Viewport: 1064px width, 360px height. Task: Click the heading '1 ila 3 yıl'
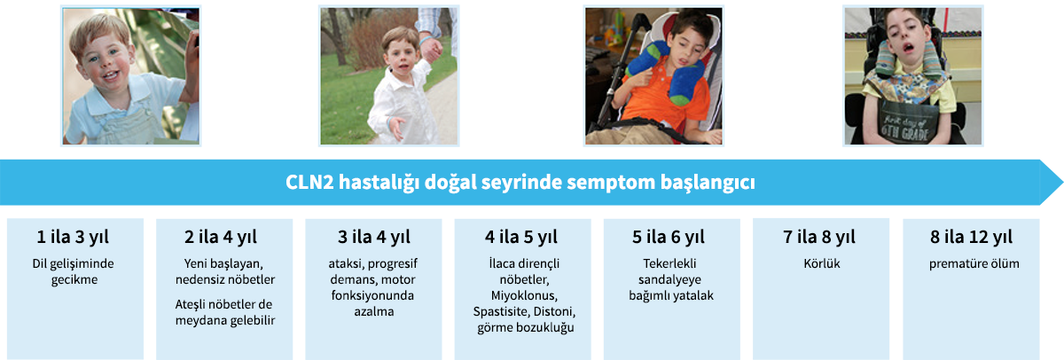click(73, 237)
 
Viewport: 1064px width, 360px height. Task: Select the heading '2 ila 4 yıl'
click(221, 237)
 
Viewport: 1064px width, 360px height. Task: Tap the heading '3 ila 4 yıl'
click(374, 237)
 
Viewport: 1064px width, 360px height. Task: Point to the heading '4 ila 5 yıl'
click(521, 237)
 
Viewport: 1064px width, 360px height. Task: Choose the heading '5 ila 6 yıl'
click(669, 237)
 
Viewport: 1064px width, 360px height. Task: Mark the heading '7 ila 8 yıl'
click(819, 237)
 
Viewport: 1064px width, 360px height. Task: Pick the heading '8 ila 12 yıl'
click(972, 237)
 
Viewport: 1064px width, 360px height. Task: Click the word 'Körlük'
click(822, 263)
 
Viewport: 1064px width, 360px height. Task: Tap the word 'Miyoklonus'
click(523, 296)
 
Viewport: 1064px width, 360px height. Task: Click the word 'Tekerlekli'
click(669, 263)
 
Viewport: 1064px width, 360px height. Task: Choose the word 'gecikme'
click(74, 280)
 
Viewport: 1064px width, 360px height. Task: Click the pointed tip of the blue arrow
click(1062, 183)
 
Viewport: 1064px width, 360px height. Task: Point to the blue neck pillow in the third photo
click(664, 71)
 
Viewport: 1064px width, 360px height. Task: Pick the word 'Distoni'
click(554, 312)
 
